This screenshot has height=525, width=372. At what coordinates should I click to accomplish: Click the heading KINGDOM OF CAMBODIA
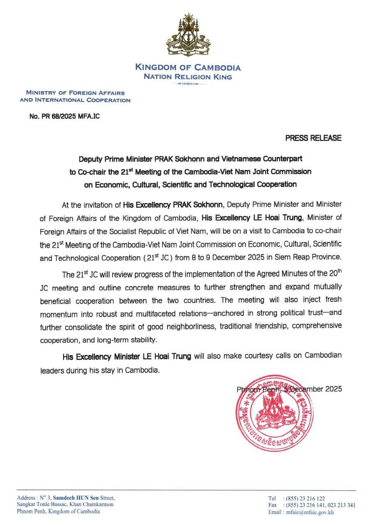[188, 68]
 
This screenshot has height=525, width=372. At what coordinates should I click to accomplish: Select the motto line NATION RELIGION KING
[188, 77]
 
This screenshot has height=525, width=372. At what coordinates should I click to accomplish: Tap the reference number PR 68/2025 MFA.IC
[64, 116]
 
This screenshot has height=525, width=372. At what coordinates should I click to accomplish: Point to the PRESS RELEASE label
[313, 138]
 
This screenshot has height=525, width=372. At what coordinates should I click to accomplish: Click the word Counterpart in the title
[285, 158]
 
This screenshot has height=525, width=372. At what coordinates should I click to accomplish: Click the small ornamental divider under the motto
[188, 84]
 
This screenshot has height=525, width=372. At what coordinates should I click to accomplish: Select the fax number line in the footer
[311, 505]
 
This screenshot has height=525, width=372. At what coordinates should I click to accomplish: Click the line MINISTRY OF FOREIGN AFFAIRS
[75, 93]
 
